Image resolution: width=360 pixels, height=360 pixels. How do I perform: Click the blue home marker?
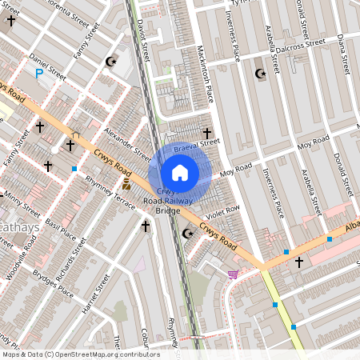[x=180, y=172]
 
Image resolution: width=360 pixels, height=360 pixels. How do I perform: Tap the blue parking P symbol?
[x=39, y=74]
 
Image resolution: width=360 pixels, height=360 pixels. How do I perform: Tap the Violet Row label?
[x=222, y=213]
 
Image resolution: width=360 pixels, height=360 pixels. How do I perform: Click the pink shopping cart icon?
[x=233, y=275]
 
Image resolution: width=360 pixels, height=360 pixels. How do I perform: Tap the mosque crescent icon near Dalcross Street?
[x=259, y=74]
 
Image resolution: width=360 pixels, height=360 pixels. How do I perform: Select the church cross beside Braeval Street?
[x=208, y=133]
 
